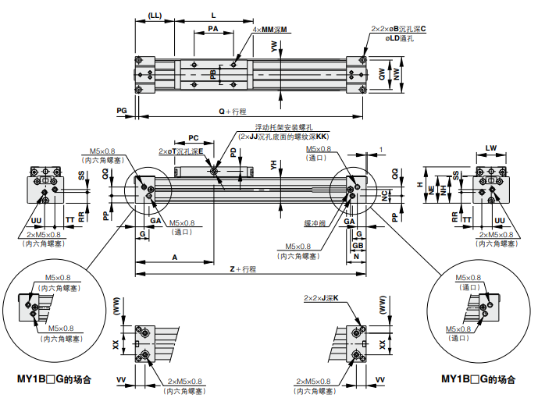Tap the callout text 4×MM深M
(x=270, y=30)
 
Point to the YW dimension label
(x=274, y=47)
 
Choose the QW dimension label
(x=382, y=75)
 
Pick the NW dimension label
(x=397, y=75)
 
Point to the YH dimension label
(x=273, y=165)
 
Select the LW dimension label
(x=490, y=147)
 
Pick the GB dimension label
(x=358, y=245)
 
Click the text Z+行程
(x=243, y=269)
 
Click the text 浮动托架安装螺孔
(x=283, y=126)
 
